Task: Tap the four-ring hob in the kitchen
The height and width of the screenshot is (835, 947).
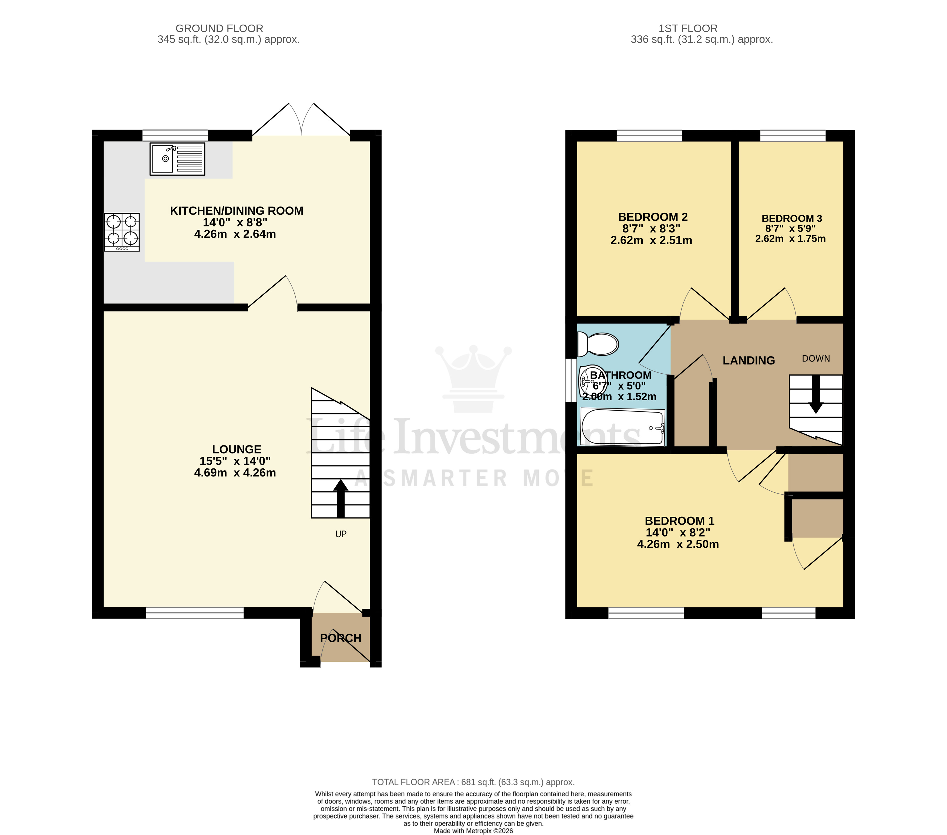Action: click(122, 232)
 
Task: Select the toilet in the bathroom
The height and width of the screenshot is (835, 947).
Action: click(598, 344)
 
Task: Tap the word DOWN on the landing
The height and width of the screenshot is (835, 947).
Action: click(815, 359)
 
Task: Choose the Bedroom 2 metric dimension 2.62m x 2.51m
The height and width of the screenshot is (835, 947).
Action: click(651, 240)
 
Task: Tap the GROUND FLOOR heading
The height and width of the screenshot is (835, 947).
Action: click(219, 28)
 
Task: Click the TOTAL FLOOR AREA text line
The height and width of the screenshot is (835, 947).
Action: click(473, 782)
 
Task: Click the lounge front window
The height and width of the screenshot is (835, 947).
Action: click(195, 613)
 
